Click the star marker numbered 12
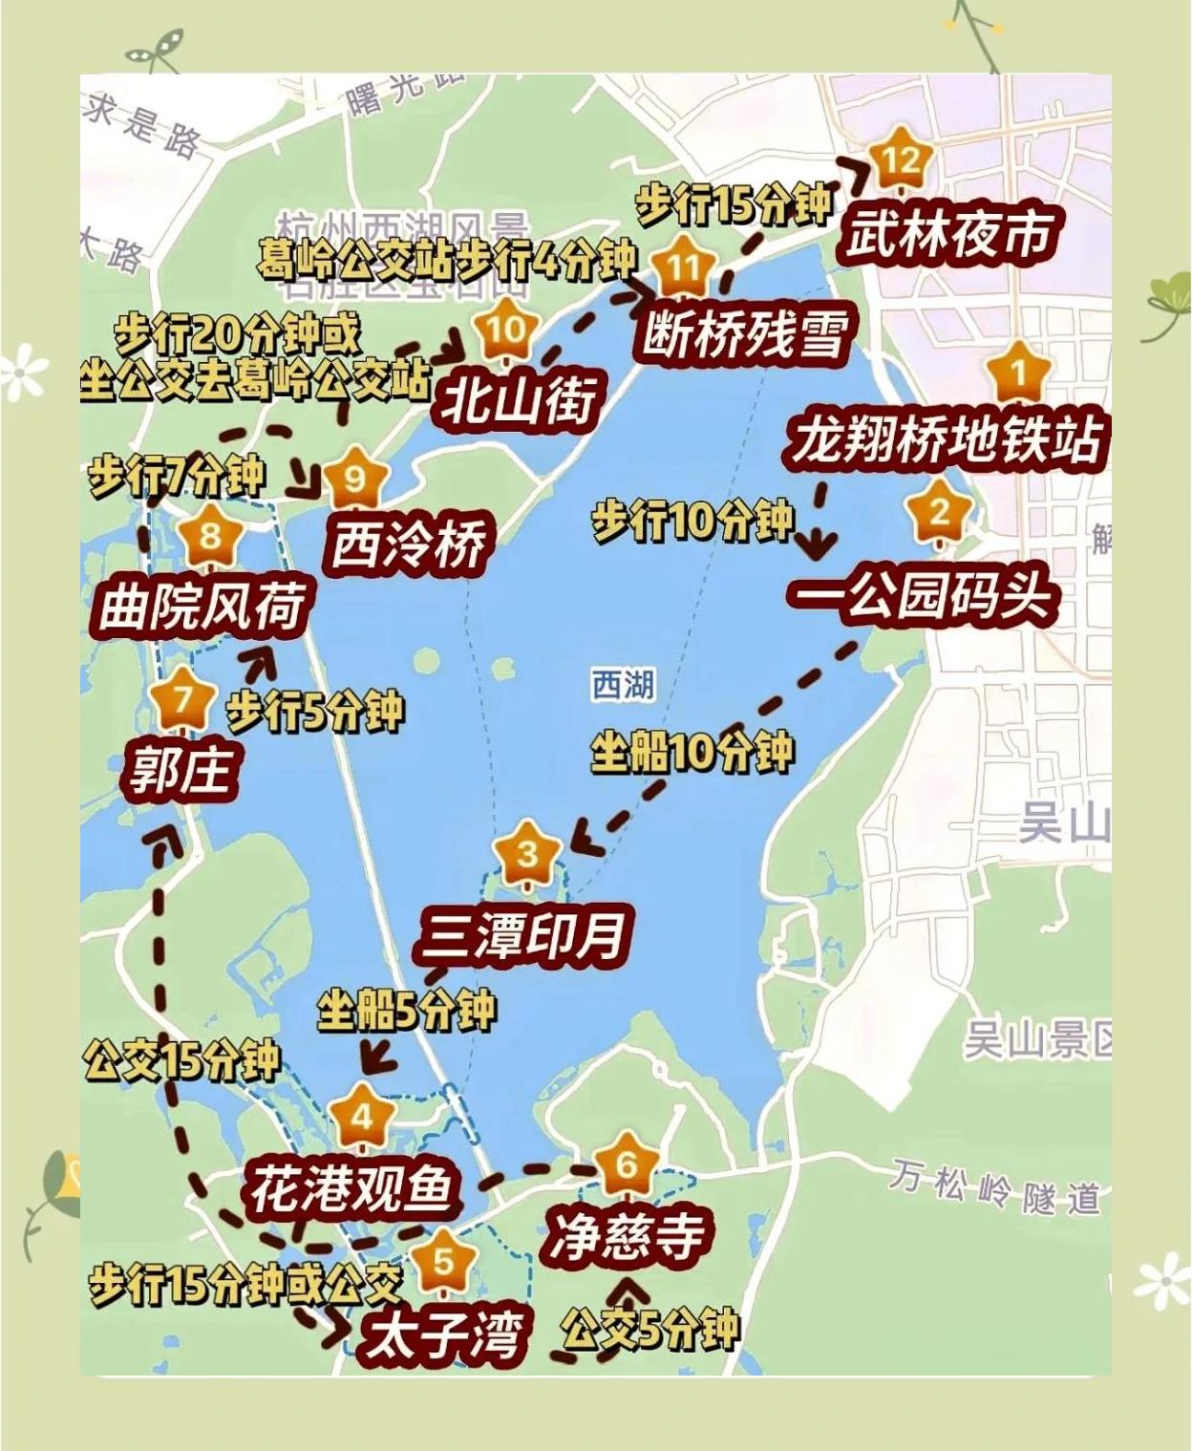(x=900, y=160)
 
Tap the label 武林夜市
(x=949, y=234)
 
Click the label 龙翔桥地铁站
(x=946, y=439)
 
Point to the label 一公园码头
(x=923, y=596)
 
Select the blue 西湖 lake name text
(x=623, y=685)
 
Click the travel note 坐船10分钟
(x=692, y=752)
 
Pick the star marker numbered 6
(x=627, y=1164)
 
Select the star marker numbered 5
(x=444, y=1262)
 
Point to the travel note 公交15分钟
(x=181, y=1059)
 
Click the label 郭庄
(x=181, y=770)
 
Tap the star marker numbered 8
(x=209, y=536)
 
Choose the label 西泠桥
(x=407, y=545)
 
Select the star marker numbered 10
(x=505, y=331)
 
